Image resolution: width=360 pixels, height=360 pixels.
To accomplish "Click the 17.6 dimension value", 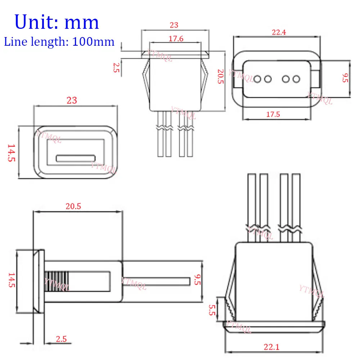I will tap(176, 39).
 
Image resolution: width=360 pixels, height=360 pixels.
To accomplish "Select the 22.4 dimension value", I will tap(279, 32).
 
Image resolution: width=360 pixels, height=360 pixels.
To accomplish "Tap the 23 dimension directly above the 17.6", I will tap(174, 25).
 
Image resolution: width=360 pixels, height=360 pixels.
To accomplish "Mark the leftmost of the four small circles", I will tap(258, 78).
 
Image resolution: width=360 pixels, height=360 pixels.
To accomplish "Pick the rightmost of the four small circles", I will tap(296, 78).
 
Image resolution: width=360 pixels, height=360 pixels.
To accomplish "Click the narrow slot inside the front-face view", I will tap(76, 158).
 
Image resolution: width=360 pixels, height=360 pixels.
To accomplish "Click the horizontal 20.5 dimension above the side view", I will tap(73, 206).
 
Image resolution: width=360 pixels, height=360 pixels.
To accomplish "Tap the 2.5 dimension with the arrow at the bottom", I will tap(61, 339).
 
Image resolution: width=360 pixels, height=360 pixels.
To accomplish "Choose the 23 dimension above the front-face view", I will tap(72, 100).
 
